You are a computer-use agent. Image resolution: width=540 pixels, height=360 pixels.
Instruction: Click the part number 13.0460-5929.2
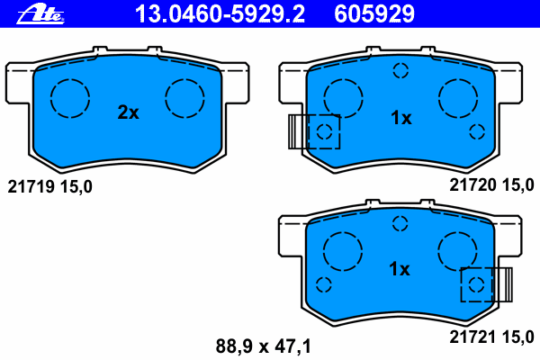(219, 13)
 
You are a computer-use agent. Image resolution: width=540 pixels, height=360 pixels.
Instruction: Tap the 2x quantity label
(129, 112)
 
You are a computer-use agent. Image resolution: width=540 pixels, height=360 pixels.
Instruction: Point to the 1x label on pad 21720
(400, 118)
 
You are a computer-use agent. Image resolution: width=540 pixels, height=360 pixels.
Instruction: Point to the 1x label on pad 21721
(399, 268)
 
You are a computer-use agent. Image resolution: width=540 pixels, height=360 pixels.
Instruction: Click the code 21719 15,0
(49, 186)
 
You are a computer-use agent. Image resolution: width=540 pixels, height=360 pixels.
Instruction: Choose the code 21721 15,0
(491, 337)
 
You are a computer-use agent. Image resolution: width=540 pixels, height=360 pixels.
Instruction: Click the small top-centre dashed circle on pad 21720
(400, 71)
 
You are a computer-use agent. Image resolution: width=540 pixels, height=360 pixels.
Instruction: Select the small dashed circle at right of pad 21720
(477, 132)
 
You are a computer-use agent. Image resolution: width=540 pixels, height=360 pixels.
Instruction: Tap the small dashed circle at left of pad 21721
(324, 284)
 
